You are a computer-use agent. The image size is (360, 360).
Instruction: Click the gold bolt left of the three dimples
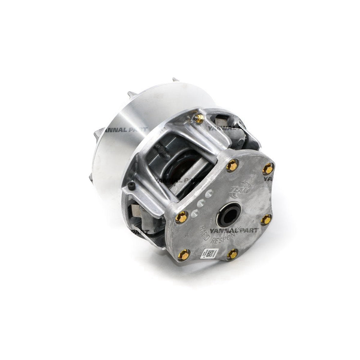click(x=181, y=217)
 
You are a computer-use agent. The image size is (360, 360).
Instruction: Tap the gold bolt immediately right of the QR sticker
click(x=232, y=254)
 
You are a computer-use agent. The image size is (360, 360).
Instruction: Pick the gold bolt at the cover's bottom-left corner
click(x=184, y=254)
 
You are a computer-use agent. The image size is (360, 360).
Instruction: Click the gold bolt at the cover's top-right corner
click(x=268, y=168)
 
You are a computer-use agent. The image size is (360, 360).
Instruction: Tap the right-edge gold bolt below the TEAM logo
click(x=266, y=219)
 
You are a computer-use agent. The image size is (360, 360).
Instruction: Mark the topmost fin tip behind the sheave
click(x=175, y=80)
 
